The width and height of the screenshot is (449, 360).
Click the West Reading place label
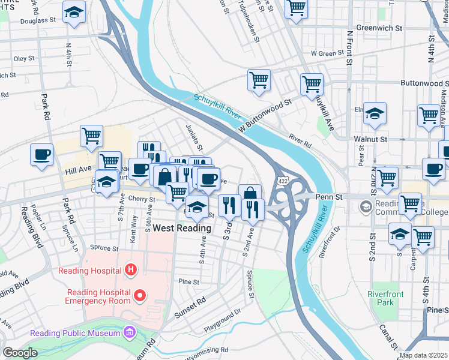(182, 228)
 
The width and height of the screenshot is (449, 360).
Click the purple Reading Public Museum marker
(128, 332)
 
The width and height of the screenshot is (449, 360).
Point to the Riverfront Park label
(385, 298)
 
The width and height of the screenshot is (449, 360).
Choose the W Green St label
(330, 53)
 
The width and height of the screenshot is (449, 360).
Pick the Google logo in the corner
(20, 353)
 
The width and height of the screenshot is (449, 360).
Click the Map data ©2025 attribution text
(423, 355)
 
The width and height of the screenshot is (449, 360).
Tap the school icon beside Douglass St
(74, 12)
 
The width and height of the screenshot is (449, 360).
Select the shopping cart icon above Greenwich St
(296, 8)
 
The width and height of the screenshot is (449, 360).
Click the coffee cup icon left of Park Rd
(41, 154)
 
